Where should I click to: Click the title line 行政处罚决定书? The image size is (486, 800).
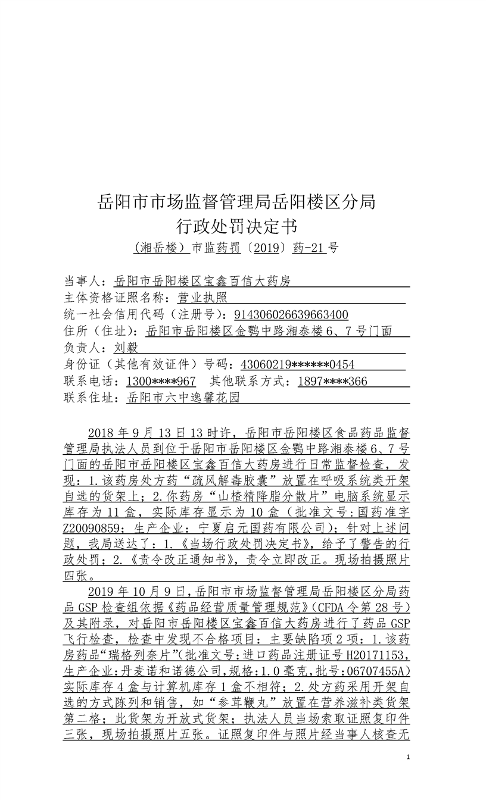click(x=236, y=226)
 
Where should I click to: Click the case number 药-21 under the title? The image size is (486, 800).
click(x=310, y=248)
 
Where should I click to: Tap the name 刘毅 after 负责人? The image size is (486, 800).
click(x=126, y=348)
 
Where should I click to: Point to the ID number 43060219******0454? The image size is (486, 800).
click(x=297, y=364)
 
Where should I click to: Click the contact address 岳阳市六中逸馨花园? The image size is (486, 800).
click(x=183, y=398)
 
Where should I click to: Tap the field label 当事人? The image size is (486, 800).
click(x=83, y=281)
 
